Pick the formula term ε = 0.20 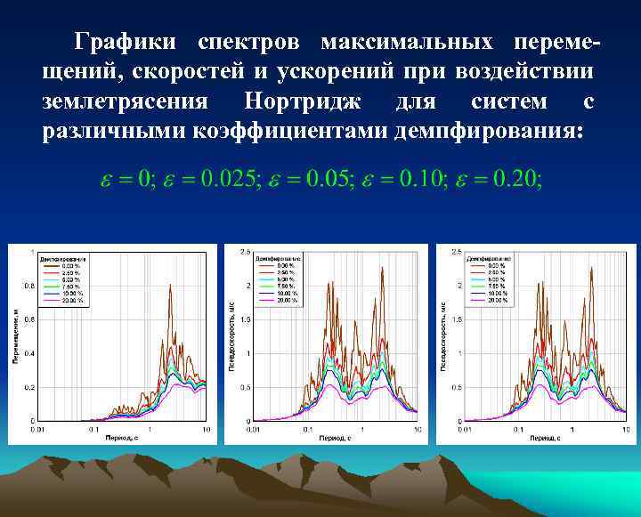(498, 179)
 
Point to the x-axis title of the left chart (119, 438)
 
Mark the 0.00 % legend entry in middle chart (283, 264)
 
